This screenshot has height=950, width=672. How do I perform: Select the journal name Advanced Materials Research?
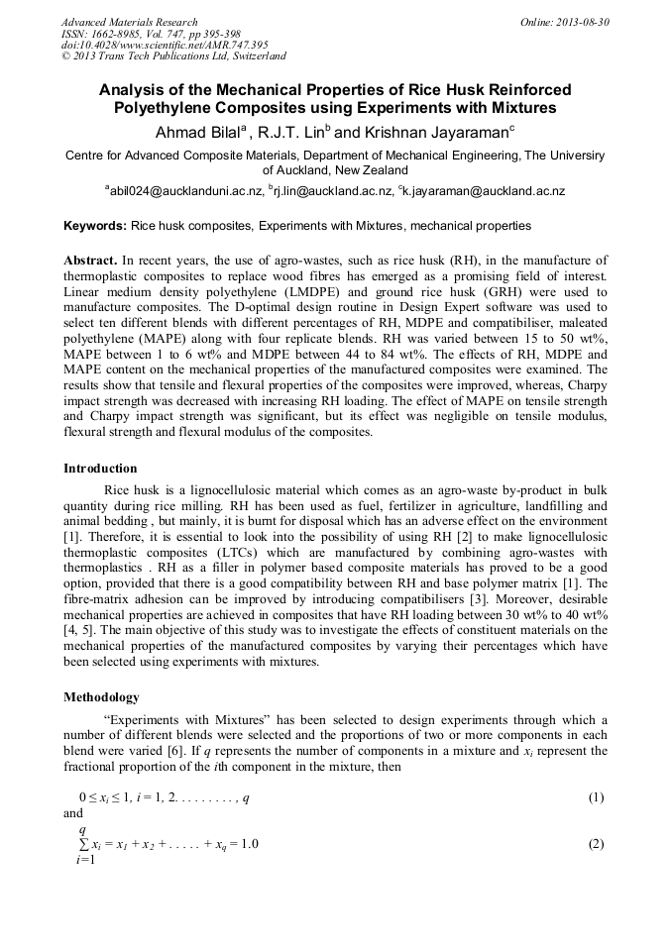click(129, 22)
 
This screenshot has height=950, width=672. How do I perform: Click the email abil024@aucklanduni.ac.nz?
click(186, 191)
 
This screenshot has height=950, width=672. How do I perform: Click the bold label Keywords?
click(95, 226)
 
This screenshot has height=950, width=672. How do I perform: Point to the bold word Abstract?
click(90, 259)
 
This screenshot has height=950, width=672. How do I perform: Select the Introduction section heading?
click(100, 469)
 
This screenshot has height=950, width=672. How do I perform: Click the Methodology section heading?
click(101, 697)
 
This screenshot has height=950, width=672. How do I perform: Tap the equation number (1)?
click(596, 797)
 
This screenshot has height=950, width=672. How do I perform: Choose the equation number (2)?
click(596, 844)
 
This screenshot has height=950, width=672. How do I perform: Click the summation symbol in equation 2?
click(82, 844)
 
